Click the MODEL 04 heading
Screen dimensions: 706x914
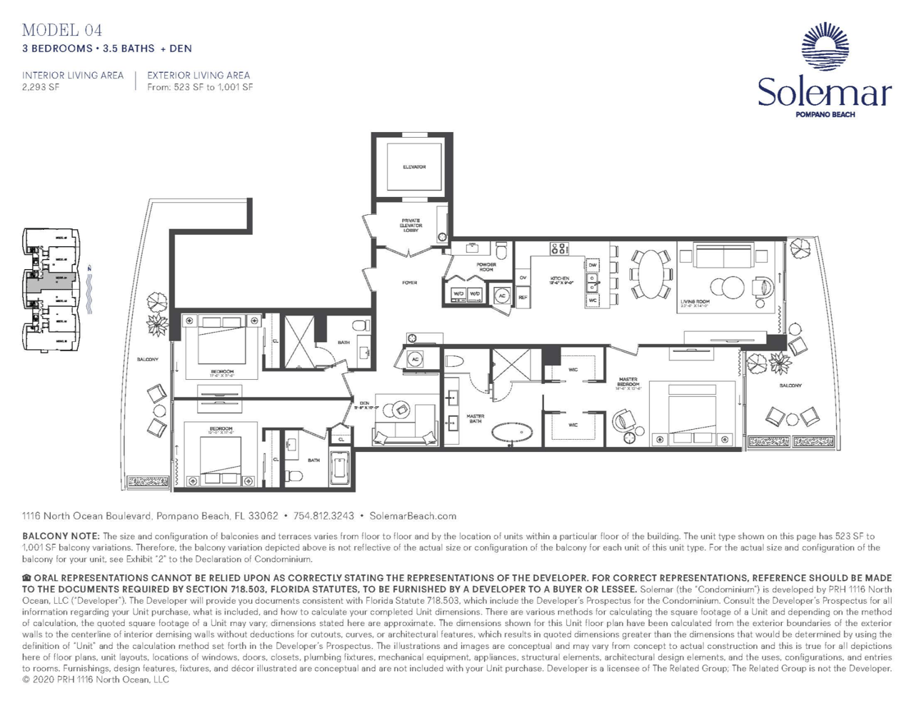click(x=62, y=30)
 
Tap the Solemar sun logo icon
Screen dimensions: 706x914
click(x=825, y=46)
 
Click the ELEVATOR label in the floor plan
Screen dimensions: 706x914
click(x=414, y=167)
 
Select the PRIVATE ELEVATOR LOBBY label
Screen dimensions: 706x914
click(x=411, y=226)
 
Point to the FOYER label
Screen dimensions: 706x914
click(x=409, y=283)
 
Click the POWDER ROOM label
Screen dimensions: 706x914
click(x=486, y=267)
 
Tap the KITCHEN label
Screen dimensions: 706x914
click(x=560, y=280)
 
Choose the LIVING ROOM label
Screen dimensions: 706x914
click(x=695, y=303)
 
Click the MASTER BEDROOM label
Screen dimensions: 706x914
click(x=628, y=383)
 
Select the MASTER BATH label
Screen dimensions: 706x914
click(x=475, y=418)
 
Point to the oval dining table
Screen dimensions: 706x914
click(x=651, y=273)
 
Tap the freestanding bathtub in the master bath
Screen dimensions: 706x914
click(x=513, y=432)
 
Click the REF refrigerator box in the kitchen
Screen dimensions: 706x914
click(x=523, y=297)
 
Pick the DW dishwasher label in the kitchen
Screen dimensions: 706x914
click(x=593, y=265)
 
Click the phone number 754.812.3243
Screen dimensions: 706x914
click(x=323, y=515)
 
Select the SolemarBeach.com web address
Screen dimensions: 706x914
click(x=413, y=515)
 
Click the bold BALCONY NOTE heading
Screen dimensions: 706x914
click(x=61, y=536)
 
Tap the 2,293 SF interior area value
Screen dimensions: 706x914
click(x=41, y=87)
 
